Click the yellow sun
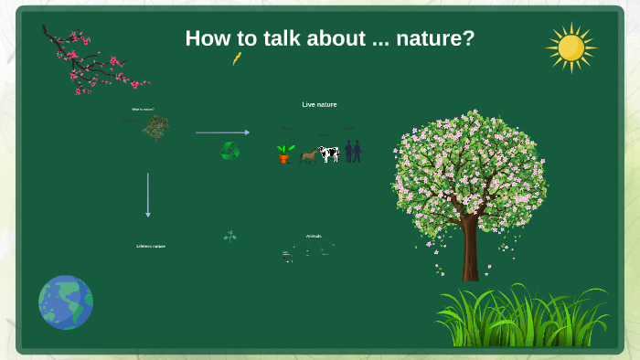571,48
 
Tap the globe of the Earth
66,302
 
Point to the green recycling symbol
230,150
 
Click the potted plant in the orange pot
285,154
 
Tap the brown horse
308,155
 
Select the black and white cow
328,154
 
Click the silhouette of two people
353,151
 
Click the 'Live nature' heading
319,104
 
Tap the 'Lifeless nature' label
151,246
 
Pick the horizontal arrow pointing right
222,132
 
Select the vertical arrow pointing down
148,195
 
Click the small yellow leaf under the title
237,58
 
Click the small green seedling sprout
230,237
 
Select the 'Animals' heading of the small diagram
314,236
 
